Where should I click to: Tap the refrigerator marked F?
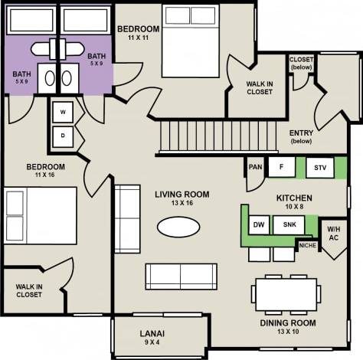[281, 167]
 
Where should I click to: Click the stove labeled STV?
[320, 168]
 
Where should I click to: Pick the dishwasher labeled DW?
[258, 224]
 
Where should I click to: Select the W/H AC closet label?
[334, 234]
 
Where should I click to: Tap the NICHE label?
[307, 246]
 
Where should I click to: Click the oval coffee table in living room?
[181, 227]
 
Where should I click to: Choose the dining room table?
[286, 293]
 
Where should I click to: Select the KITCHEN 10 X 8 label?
[294, 202]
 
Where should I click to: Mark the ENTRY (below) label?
[301, 136]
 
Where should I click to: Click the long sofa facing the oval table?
[179, 274]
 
